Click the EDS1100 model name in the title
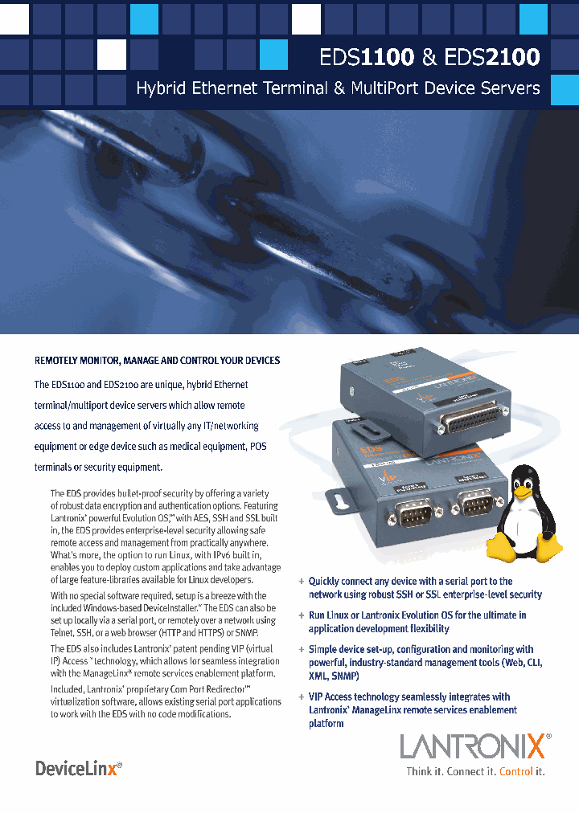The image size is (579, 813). [367, 56]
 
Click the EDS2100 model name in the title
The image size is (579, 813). [492, 56]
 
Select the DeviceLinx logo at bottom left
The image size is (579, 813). [79, 769]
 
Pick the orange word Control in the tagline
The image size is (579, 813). [516, 771]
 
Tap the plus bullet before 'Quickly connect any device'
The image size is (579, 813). [301, 581]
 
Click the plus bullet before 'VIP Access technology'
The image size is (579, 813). [301, 697]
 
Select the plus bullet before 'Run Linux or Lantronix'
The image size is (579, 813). [301, 615]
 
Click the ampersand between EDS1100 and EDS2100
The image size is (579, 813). [429, 56]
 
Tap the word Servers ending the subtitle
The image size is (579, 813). [511, 88]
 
